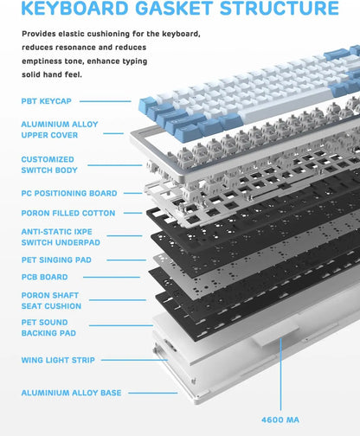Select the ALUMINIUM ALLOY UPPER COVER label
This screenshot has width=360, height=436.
[x=61, y=130]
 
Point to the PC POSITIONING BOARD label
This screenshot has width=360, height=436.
[x=68, y=194]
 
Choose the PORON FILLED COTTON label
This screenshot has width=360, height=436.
[x=67, y=213]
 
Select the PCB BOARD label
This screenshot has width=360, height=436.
[x=44, y=279]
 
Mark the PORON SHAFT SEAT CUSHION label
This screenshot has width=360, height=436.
[x=51, y=301]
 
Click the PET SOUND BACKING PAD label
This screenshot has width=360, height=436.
[x=48, y=328]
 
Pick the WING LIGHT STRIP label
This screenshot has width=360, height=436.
[x=58, y=360]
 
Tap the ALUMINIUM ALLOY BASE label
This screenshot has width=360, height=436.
[x=71, y=393]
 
